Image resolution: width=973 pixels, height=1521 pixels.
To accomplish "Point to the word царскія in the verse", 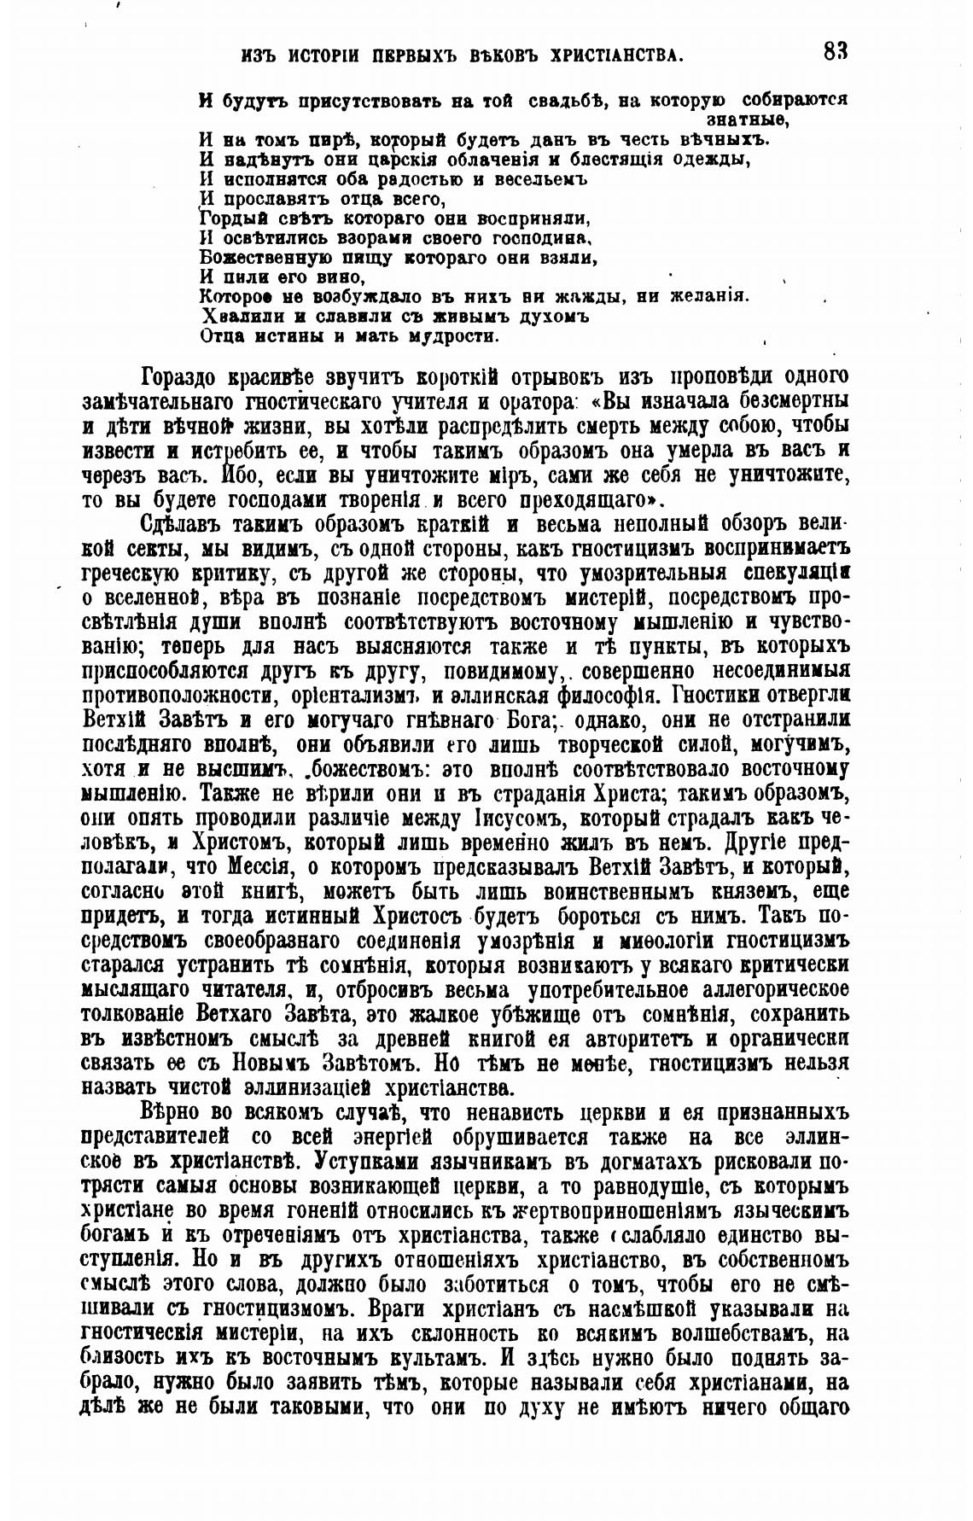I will tap(401, 159).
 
